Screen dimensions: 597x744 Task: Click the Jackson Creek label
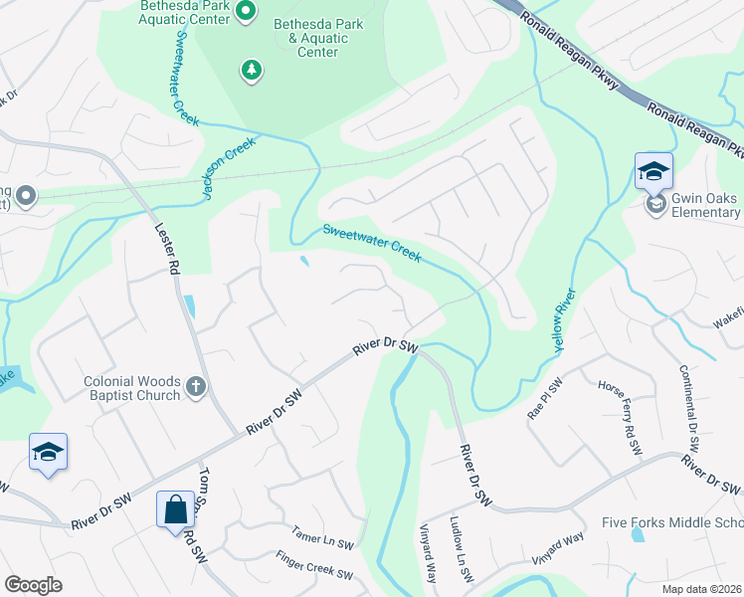(231, 167)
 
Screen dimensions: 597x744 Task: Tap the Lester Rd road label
(166, 248)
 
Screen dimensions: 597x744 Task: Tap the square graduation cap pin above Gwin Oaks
(653, 171)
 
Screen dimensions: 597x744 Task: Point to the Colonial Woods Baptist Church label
(132, 388)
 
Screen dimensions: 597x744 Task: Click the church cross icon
(196, 387)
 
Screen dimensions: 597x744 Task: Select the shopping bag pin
(175, 509)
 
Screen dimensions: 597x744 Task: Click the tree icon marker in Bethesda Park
(253, 69)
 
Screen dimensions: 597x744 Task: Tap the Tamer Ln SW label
(322, 539)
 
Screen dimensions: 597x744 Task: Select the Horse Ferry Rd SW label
(618, 411)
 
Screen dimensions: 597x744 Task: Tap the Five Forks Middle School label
(672, 523)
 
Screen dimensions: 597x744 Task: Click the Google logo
(33, 585)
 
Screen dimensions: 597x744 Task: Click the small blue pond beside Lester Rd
(189, 305)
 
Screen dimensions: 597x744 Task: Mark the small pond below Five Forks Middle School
(637, 534)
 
